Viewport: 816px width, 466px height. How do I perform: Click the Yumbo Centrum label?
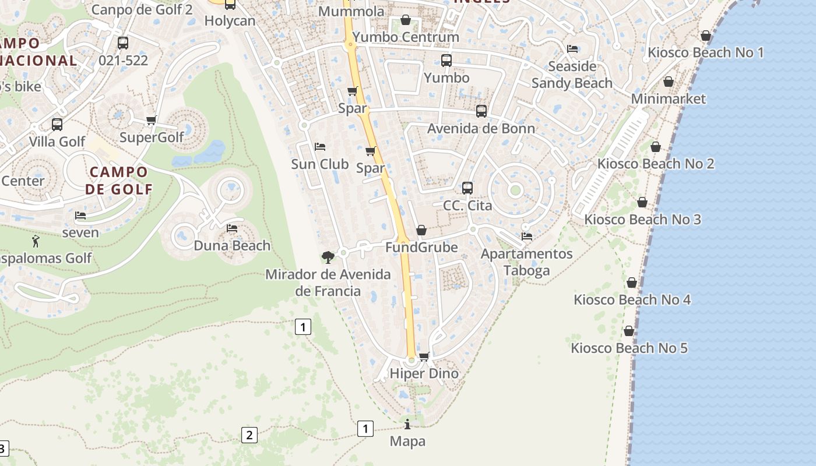point(406,37)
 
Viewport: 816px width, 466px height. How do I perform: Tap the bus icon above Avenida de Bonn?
point(481,111)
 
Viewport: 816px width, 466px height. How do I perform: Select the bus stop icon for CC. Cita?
point(467,188)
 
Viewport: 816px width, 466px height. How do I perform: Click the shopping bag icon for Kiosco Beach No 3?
point(642,202)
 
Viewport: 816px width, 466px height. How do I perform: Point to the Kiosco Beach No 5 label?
point(629,348)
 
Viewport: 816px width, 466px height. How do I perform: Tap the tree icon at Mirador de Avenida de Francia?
point(328,257)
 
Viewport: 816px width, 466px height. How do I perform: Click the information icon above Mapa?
point(407,424)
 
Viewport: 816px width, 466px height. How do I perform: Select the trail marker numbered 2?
point(249,435)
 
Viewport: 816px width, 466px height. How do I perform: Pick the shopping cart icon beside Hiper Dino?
point(424,356)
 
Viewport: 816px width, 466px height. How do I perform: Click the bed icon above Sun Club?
point(319,147)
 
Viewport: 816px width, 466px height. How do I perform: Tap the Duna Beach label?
point(232,245)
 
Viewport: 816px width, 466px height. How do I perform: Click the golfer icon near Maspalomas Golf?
point(36,241)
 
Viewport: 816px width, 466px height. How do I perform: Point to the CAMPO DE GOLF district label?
point(119,181)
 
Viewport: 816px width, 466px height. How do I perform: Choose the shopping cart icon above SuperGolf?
point(152,120)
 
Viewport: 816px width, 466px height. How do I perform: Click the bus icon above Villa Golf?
point(57,124)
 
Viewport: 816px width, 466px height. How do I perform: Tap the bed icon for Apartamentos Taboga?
point(527,236)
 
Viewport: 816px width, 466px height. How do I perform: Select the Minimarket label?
point(669,99)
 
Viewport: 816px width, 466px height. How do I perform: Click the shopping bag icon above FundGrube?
point(421,231)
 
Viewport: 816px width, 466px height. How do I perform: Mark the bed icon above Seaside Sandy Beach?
point(572,49)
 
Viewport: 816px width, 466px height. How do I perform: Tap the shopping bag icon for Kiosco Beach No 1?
point(706,36)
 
